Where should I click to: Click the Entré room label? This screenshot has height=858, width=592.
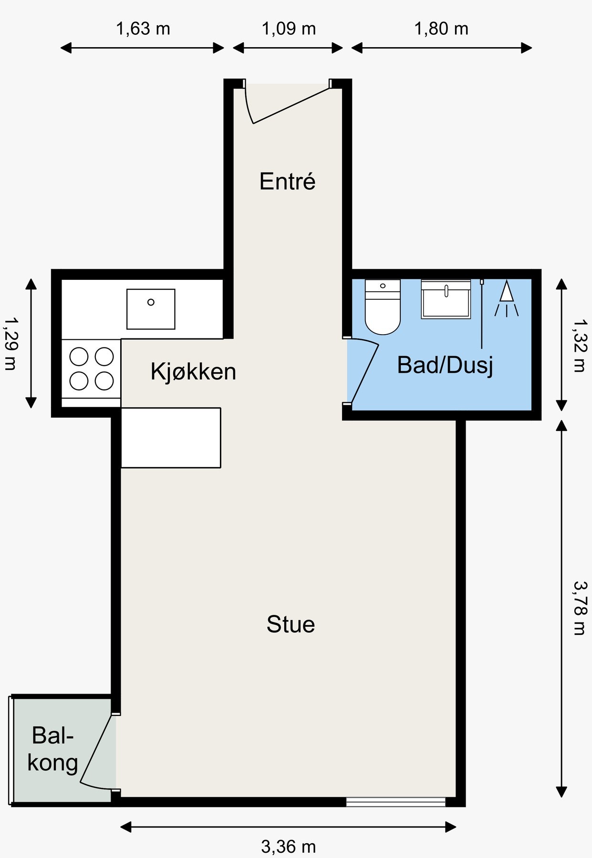click(287, 182)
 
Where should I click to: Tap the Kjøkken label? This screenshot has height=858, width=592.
click(193, 371)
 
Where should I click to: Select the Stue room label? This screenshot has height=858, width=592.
click(291, 624)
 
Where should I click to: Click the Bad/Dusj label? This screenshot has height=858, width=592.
click(445, 366)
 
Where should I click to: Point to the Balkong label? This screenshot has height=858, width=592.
click(52, 749)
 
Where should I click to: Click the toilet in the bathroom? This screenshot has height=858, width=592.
click(382, 307)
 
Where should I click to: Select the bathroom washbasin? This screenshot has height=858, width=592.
click(446, 299)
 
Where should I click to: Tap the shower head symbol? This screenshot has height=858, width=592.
click(506, 298)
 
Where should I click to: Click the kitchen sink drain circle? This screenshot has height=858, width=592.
click(151, 302)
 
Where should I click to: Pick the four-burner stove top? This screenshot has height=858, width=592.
click(91, 368)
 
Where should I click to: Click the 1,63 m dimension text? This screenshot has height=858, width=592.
click(143, 29)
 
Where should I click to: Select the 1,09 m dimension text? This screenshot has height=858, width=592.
click(289, 29)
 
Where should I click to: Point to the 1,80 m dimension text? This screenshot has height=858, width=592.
click(441, 29)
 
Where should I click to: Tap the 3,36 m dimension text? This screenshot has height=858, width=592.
click(288, 847)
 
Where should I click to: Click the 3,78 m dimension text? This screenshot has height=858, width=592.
click(579, 608)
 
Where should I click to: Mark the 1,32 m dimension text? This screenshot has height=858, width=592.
click(579, 345)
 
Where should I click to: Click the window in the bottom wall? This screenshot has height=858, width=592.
click(395, 802)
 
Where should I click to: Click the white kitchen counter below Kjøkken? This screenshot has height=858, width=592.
click(170, 438)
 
